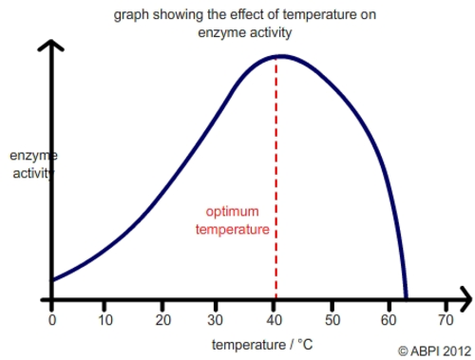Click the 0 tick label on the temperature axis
click(x=51, y=319)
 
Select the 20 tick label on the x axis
click(x=163, y=319)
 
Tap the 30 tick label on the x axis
click(x=219, y=319)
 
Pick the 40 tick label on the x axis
click(x=276, y=319)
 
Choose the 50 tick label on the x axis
click(x=332, y=319)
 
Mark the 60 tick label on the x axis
click(x=389, y=319)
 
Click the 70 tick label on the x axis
click(x=446, y=319)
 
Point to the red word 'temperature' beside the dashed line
click(x=232, y=229)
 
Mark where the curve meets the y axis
click(x=51, y=280)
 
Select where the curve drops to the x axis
click(x=406, y=299)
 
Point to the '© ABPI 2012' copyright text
click(x=433, y=350)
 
